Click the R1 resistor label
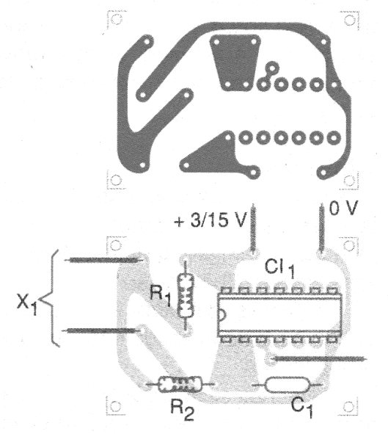click(x=161, y=296)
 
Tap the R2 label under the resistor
click(x=183, y=411)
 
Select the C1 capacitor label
click(x=302, y=408)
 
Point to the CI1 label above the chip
click(x=279, y=269)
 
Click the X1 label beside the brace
click(x=27, y=304)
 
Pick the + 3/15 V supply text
click(x=210, y=220)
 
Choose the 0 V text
click(x=343, y=208)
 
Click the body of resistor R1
click(x=186, y=295)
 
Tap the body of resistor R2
click(x=180, y=384)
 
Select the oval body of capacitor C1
click(x=287, y=385)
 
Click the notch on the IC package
click(x=223, y=315)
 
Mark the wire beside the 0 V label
click(x=321, y=227)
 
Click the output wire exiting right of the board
click(x=318, y=359)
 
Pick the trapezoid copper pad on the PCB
click(x=235, y=62)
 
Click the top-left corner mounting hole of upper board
click(x=116, y=20)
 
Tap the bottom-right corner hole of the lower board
click(x=348, y=407)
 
